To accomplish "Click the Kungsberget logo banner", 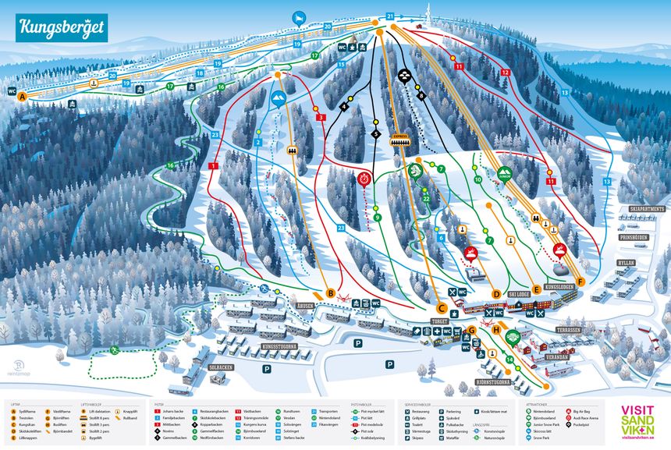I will coord(61,28).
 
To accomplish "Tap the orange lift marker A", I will coord(23,97).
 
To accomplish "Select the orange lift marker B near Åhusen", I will coord(331,294).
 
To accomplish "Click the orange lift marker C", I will coord(442,307).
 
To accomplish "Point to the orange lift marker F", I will coord(580,282).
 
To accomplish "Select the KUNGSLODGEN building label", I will coord(559,287).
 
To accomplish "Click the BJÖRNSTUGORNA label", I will coord(493,383).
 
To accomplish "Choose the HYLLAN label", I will coord(625,264).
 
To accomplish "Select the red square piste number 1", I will coord(213,165).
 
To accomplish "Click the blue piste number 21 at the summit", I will coord(390,16).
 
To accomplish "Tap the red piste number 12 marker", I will coord(505,72).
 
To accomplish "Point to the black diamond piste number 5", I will coord(375,134).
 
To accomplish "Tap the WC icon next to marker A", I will coord(12,90).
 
